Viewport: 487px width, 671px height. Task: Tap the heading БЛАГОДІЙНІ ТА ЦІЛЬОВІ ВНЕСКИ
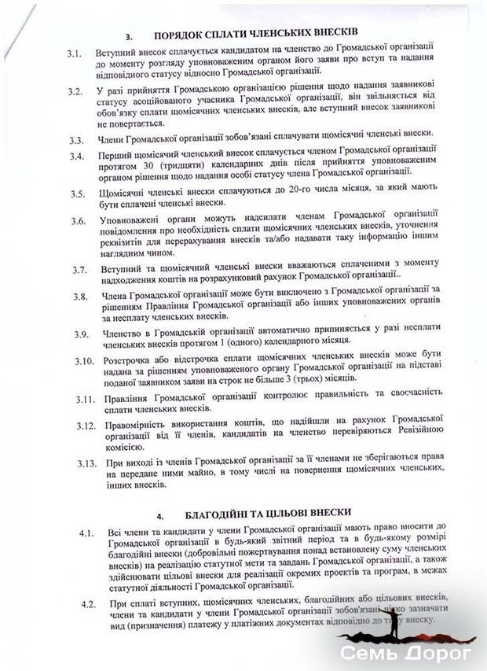262,512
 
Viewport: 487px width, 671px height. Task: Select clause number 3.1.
76,54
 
